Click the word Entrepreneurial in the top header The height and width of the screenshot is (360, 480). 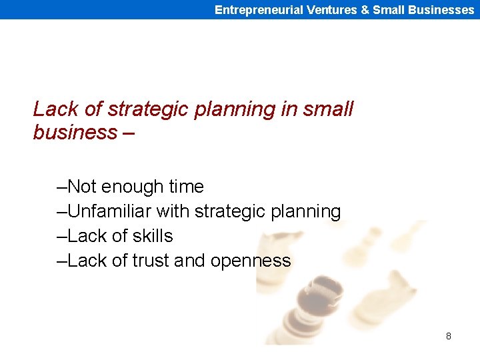point(259,10)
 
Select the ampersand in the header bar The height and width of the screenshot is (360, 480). point(365,10)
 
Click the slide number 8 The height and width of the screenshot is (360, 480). point(448,336)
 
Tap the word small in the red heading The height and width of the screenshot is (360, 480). point(327,109)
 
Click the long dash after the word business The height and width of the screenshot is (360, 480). point(129,133)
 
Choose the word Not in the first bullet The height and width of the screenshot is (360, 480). point(82,187)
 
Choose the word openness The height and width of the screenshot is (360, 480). point(251,261)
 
